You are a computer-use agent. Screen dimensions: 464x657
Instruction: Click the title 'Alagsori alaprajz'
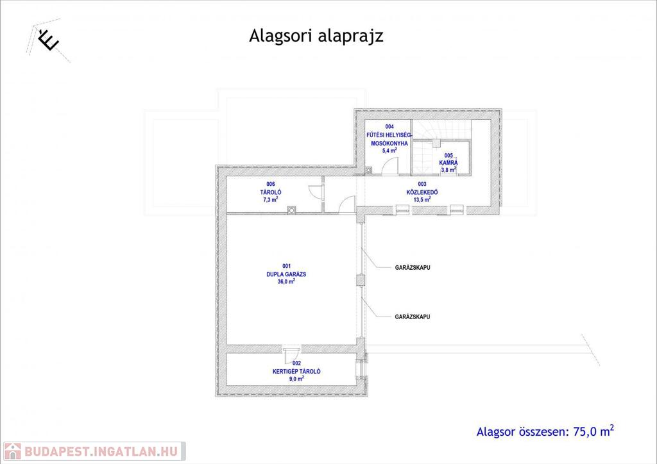316,36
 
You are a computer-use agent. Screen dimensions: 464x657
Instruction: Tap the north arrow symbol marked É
48,40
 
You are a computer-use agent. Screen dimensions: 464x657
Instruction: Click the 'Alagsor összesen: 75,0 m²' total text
545,431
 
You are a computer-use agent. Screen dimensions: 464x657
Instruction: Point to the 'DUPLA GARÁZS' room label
286,274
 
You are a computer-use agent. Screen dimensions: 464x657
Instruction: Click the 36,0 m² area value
286,281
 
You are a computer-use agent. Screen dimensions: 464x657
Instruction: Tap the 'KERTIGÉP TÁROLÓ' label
296,371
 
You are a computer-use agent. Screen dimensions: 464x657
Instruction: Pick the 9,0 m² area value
296,379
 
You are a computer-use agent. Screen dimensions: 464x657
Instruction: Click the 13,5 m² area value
422,199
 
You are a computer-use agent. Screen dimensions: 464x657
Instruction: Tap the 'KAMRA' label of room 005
448,163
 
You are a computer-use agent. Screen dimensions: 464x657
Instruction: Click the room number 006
271,184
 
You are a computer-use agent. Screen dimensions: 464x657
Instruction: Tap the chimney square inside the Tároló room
292,208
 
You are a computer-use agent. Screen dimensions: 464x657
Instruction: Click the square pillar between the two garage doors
361,279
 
